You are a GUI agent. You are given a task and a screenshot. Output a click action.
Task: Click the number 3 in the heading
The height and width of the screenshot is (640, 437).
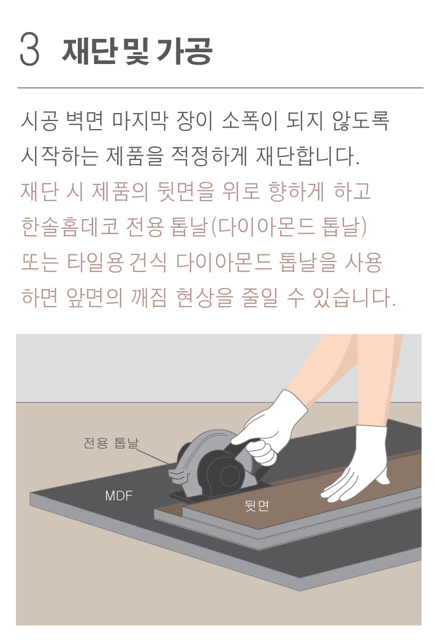tap(30, 50)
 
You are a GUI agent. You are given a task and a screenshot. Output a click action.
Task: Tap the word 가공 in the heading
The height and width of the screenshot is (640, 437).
tap(184, 51)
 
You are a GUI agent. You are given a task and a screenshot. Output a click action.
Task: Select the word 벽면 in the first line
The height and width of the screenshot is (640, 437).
tap(84, 121)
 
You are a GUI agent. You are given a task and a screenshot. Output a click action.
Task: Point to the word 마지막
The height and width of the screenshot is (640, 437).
tap(139, 121)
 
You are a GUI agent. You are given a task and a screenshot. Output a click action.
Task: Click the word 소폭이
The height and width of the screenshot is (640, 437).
tap(249, 121)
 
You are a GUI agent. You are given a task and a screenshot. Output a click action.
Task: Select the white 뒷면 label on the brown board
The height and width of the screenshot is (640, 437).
tap(257, 506)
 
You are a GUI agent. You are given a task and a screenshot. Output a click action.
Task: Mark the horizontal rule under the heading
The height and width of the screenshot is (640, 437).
tap(220, 87)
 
